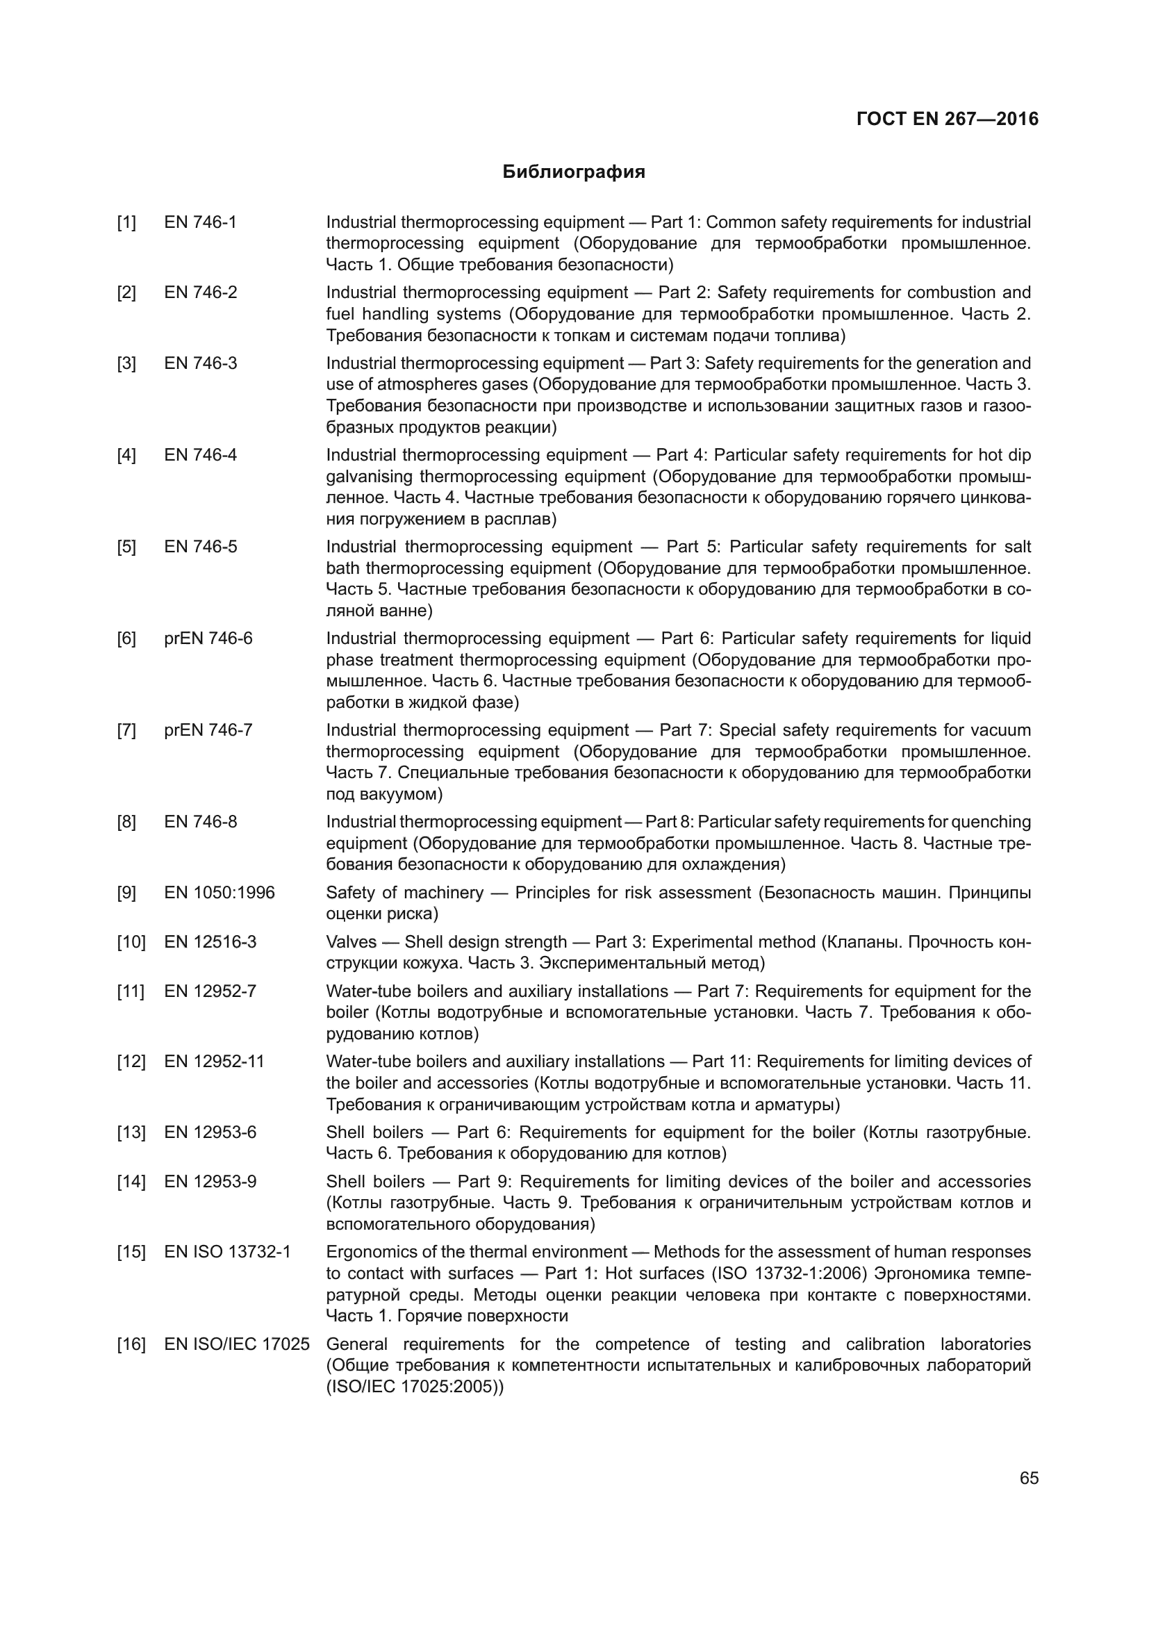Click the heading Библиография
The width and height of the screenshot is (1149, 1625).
tap(574, 172)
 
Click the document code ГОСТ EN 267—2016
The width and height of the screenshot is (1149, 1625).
tap(948, 119)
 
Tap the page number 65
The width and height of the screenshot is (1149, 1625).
tap(1029, 1478)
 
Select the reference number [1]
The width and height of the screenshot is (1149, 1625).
tap(126, 222)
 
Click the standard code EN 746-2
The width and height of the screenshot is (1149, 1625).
tap(201, 292)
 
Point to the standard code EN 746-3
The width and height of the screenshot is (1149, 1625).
tap(201, 363)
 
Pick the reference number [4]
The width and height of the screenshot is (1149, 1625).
tap(126, 455)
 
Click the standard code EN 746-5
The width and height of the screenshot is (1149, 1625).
tap(201, 546)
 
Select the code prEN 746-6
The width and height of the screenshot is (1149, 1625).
tap(208, 638)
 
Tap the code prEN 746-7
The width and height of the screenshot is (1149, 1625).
tap(208, 729)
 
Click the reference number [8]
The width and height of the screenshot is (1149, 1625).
tap(126, 822)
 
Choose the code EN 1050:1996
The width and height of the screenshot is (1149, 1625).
tap(220, 893)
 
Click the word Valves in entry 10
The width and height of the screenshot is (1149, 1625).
tap(347, 942)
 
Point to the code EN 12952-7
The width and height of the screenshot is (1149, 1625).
tap(210, 991)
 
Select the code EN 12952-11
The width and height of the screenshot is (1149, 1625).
tap(215, 1062)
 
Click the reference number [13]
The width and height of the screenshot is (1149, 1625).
tap(131, 1132)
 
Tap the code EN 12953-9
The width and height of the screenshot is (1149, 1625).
tap(210, 1181)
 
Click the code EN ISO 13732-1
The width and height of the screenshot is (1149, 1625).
tap(228, 1252)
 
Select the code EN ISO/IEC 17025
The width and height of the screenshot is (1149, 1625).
tap(237, 1344)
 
